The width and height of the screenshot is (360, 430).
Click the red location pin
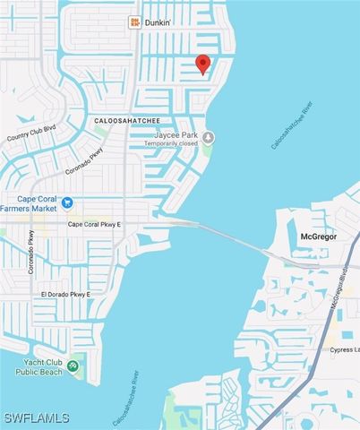(x=203, y=63)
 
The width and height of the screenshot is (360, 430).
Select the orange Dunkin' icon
(x=135, y=21)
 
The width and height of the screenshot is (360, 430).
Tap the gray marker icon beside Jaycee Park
(x=208, y=138)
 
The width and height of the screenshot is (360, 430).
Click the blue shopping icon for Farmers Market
(x=67, y=202)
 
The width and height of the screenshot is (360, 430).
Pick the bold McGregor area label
(x=309, y=236)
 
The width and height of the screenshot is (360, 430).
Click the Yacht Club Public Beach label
(x=31, y=366)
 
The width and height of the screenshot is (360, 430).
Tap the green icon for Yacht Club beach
(x=73, y=364)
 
